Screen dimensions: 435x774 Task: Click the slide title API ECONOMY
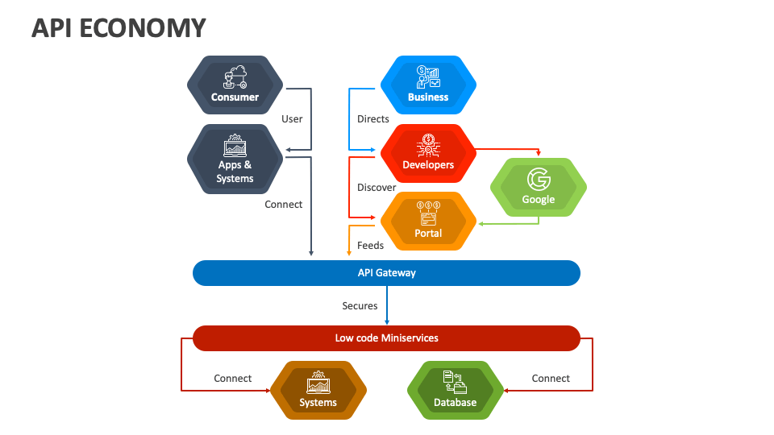(x=119, y=28)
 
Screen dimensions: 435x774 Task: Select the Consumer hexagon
(x=235, y=85)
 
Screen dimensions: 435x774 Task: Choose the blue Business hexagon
(x=427, y=85)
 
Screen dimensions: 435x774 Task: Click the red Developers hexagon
(x=427, y=153)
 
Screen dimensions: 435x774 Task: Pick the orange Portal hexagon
(x=427, y=221)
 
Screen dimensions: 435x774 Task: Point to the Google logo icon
(x=538, y=179)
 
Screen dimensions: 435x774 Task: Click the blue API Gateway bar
(x=386, y=273)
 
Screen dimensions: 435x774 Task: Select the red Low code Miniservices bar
(x=386, y=338)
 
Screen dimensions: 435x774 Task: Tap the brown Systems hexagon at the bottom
(x=318, y=391)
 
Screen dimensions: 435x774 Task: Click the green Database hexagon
(x=455, y=391)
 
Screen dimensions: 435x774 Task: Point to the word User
(x=292, y=119)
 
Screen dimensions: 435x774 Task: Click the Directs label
(x=372, y=119)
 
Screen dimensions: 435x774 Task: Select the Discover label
(x=377, y=188)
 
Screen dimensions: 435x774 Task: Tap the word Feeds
(x=370, y=245)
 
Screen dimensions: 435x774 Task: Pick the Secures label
(x=360, y=306)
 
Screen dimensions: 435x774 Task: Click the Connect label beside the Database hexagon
(x=551, y=379)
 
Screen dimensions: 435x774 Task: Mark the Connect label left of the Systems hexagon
(x=232, y=379)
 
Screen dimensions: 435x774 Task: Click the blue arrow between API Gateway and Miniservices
(x=387, y=305)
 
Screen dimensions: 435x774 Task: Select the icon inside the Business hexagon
(x=427, y=77)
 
